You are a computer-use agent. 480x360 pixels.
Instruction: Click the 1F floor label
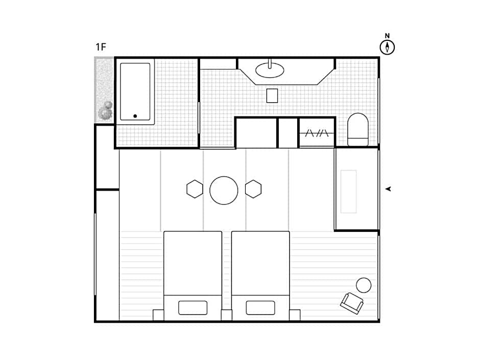[x=101, y=47]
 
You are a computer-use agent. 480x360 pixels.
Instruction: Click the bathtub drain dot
[x=135, y=116]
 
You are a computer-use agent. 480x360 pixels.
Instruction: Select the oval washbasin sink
[x=270, y=70]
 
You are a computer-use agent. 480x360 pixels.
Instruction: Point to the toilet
[x=358, y=130]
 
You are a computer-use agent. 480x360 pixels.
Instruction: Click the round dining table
[x=224, y=190]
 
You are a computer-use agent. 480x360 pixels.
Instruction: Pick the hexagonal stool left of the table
[x=195, y=189]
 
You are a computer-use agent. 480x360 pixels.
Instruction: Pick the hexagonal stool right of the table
[x=253, y=189]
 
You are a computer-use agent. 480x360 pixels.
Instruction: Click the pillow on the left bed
[x=193, y=307]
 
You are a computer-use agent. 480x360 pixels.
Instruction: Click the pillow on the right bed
[x=260, y=307]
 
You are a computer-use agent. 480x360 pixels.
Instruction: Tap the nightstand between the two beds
[x=227, y=315]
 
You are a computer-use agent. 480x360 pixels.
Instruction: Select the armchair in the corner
[x=352, y=303]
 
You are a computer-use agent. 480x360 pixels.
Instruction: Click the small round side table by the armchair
[x=364, y=285]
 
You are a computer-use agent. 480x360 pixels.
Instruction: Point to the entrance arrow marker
[x=389, y=189]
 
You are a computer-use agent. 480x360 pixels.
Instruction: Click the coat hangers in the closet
[x=317, y=133]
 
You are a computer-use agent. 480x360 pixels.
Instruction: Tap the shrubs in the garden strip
[x=105, y=111]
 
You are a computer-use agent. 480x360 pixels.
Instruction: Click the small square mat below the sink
[x=272, y=96]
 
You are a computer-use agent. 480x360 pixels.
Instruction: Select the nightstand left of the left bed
[x=158, y=315]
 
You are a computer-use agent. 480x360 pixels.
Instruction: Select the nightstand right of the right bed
[x=295, y=315]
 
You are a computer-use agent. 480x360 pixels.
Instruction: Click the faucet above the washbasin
[x=270, y=63]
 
